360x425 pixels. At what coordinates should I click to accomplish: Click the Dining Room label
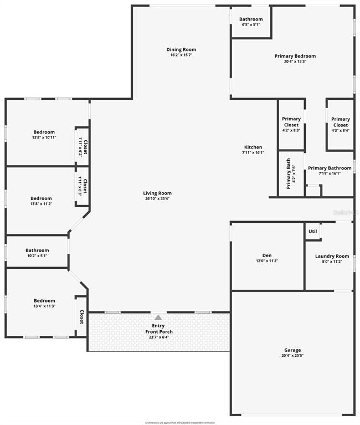click(181, 50)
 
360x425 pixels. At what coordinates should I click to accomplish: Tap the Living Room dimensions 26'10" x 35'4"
click(158, 198)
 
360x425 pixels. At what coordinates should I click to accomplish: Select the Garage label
click(292, 350)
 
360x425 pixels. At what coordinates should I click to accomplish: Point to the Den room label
click(266, 256)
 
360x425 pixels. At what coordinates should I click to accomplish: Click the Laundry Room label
click(332, 256)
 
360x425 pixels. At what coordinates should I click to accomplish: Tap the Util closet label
click(312, 231)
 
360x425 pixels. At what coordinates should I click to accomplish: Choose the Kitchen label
click(253, 147)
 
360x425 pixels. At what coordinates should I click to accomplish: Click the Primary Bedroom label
click(295, 56)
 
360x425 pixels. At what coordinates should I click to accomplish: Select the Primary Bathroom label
click(330, 168)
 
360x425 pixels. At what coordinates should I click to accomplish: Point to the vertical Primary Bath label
click(288, 173)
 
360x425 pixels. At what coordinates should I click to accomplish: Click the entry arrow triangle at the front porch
click(158, 318)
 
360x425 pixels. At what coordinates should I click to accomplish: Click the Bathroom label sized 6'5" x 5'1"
click(251, 19)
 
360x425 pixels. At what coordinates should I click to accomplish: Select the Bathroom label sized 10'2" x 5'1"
click(37, 250)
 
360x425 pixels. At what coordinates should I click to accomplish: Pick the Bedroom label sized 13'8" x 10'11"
click(43, 132)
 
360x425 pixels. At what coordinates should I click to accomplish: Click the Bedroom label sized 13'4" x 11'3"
click(44, 301)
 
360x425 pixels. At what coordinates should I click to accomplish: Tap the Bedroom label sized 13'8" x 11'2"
click(41, 198)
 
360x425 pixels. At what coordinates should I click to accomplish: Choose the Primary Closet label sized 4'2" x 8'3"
click(291, 122)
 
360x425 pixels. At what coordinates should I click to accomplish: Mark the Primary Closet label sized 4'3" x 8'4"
click(340, 122)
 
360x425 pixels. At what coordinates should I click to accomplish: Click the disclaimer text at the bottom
click(180, 422)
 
